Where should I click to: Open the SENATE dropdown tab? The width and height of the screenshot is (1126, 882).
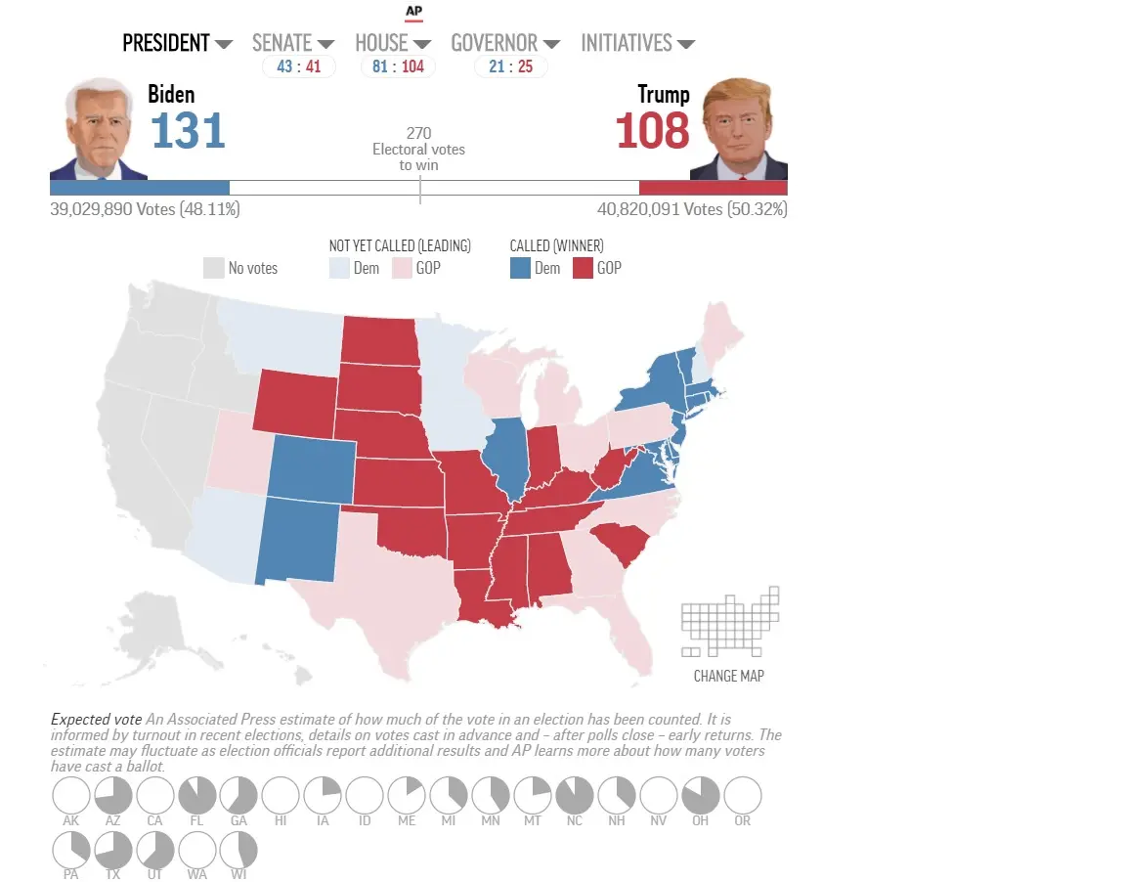292,43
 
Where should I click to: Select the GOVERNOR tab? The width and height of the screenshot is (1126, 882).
504,43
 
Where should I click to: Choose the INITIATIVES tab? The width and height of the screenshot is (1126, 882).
637,43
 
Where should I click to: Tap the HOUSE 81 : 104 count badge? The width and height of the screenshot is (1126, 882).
398,66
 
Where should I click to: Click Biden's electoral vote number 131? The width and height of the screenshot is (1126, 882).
188,131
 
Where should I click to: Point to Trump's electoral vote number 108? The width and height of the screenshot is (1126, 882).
653,131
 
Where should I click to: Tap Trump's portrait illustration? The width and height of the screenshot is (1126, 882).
739,131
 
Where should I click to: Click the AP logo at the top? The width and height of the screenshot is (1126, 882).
413,12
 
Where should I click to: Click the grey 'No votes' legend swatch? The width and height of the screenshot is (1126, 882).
214,268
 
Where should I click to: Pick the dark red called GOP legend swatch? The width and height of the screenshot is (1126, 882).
583,268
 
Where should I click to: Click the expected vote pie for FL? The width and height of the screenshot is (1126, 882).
197,795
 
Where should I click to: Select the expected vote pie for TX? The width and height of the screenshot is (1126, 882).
113,851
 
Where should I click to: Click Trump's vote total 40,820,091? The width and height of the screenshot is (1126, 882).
659,209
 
